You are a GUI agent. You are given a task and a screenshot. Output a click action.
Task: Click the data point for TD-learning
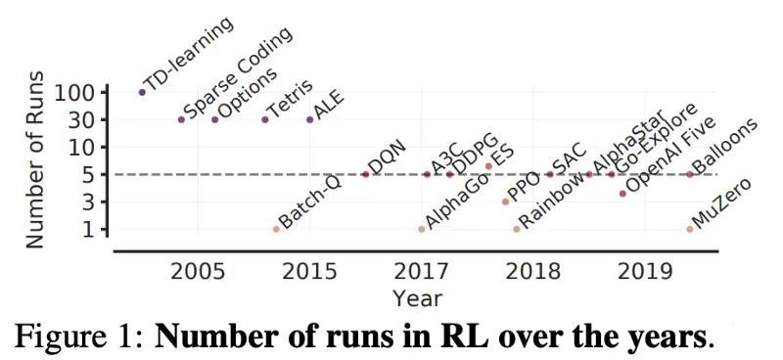point(142,92)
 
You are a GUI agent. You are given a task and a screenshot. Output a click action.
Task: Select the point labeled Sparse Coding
point(181,119)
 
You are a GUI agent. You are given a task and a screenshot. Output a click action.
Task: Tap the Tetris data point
point(265,119)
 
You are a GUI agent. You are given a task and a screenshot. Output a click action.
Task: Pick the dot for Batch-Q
point(276,229)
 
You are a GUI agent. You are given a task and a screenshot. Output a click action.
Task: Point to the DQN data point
point(365,174)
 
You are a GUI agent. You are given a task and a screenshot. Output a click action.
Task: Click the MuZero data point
point(690,229)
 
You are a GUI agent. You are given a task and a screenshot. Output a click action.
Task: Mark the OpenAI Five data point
point(622,194)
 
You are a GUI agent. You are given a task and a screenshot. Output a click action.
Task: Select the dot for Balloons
point(690,174)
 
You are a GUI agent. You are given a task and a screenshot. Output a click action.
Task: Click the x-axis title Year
point(417,296)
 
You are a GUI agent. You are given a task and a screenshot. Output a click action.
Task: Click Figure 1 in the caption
point(79,337)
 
